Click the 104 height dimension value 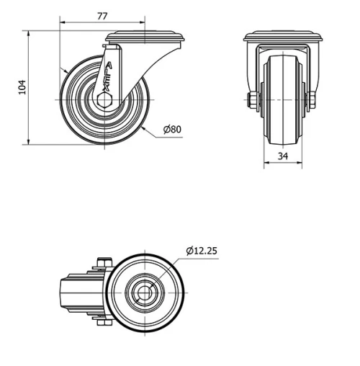[21, 86]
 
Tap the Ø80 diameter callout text [173, 130]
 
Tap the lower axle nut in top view [102, 326]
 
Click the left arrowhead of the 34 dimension [266, 164]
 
